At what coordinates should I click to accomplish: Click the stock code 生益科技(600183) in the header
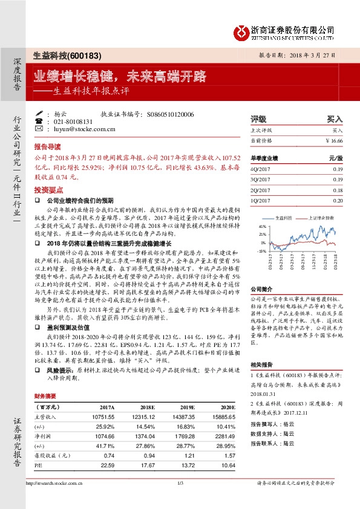click(59, 54)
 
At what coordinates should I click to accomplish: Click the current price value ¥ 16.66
click(333, 140)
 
